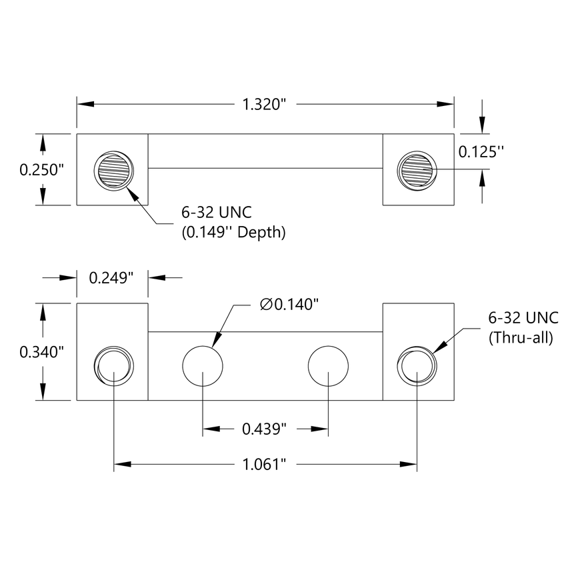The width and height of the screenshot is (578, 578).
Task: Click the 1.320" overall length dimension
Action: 264,104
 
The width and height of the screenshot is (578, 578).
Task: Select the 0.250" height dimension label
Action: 41,170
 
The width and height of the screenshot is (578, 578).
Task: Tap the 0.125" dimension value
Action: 480,152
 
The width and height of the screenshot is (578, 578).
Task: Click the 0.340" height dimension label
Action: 41,351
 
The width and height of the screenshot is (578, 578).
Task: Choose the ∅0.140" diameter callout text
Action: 289,305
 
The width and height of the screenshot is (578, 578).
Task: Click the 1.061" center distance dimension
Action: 265,463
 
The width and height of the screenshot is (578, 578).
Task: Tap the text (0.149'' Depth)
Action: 234,233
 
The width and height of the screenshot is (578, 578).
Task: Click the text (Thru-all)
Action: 521,337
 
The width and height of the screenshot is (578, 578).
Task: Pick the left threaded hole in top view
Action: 115,170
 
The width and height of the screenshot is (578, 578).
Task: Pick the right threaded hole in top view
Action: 416,170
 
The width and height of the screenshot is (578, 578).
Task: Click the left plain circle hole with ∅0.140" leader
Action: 203,367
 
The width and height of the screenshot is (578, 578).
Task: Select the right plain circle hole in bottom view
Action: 328,367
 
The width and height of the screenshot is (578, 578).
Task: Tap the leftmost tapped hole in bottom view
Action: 114,367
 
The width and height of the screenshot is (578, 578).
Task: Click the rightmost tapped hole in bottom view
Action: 416,367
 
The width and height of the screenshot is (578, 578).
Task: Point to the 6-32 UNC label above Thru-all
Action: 521,318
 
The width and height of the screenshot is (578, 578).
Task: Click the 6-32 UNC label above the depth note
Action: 215,213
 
